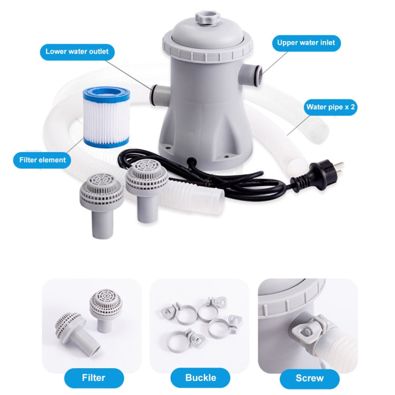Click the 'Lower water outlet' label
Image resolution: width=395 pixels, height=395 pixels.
[77, 52]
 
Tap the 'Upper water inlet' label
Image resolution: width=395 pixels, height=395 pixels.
[306, 42]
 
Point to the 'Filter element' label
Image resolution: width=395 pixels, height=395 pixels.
[39, 160]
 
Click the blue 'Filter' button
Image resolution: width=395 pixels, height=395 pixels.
[94, 377]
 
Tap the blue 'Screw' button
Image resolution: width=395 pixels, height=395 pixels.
[310, 377]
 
